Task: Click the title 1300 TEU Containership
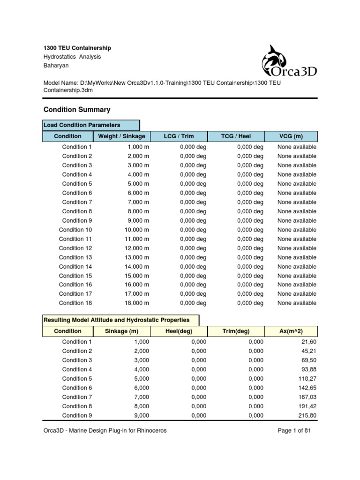pos(77,48)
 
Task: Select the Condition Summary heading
pos(77,110)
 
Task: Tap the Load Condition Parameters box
pos(91,125)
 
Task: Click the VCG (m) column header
pos(291,136)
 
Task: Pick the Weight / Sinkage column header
pos(121,136)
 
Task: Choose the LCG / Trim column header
pos(179,136)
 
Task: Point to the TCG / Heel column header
pos(236,136)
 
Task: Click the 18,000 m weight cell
pos(134,303)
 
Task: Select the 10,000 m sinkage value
pos(134,230)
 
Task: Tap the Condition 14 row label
pos(75,267)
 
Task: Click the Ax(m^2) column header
pos(291,331)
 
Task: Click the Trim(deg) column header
pos(236,331)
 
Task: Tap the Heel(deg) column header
pos(179,331)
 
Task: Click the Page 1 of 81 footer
pos(294,431)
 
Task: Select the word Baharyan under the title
pos(56,66)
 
